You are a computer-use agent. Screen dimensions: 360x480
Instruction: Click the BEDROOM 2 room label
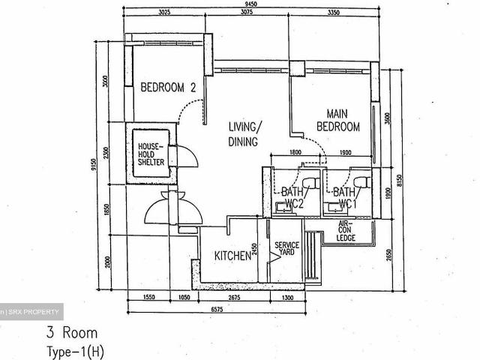[169, 88]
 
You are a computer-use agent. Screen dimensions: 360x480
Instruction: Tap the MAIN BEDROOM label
[343, 121]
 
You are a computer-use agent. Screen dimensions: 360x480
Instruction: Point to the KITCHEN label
[232, 256]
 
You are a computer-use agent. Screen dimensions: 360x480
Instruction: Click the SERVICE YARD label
[286, 250]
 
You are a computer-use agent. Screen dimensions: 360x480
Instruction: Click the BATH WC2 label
[291, 197]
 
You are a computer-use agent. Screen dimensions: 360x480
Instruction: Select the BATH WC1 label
[344, 197]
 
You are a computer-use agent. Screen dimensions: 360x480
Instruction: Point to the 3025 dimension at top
[169, 13]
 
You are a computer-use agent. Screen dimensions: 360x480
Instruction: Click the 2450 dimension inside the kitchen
[255, 250]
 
